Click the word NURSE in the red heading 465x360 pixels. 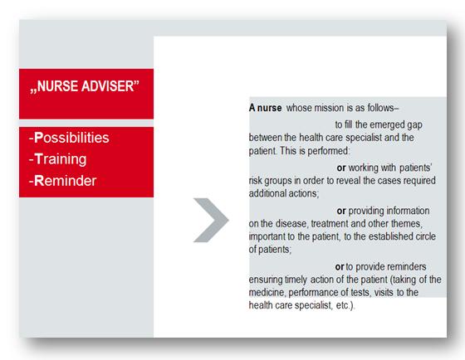[x=57, y=86]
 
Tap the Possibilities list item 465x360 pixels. [x=69, y=138]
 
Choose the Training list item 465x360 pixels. [x=58, y=159]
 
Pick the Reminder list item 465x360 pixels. [x=62, y=181]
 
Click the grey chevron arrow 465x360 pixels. [x=211, y=220]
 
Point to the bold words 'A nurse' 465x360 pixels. [x=266, y=108]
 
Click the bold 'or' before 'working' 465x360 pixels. [x=341, y=168]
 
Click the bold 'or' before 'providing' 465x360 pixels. [x=341, y=211]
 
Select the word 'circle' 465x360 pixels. [x=425, y=236]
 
